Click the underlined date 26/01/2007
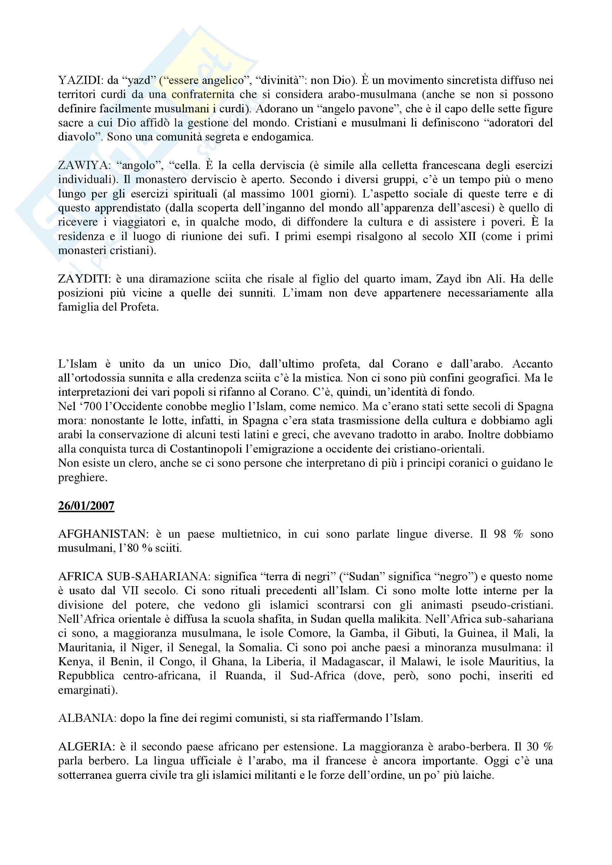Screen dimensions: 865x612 pyautogui.click(x=86, y=506)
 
